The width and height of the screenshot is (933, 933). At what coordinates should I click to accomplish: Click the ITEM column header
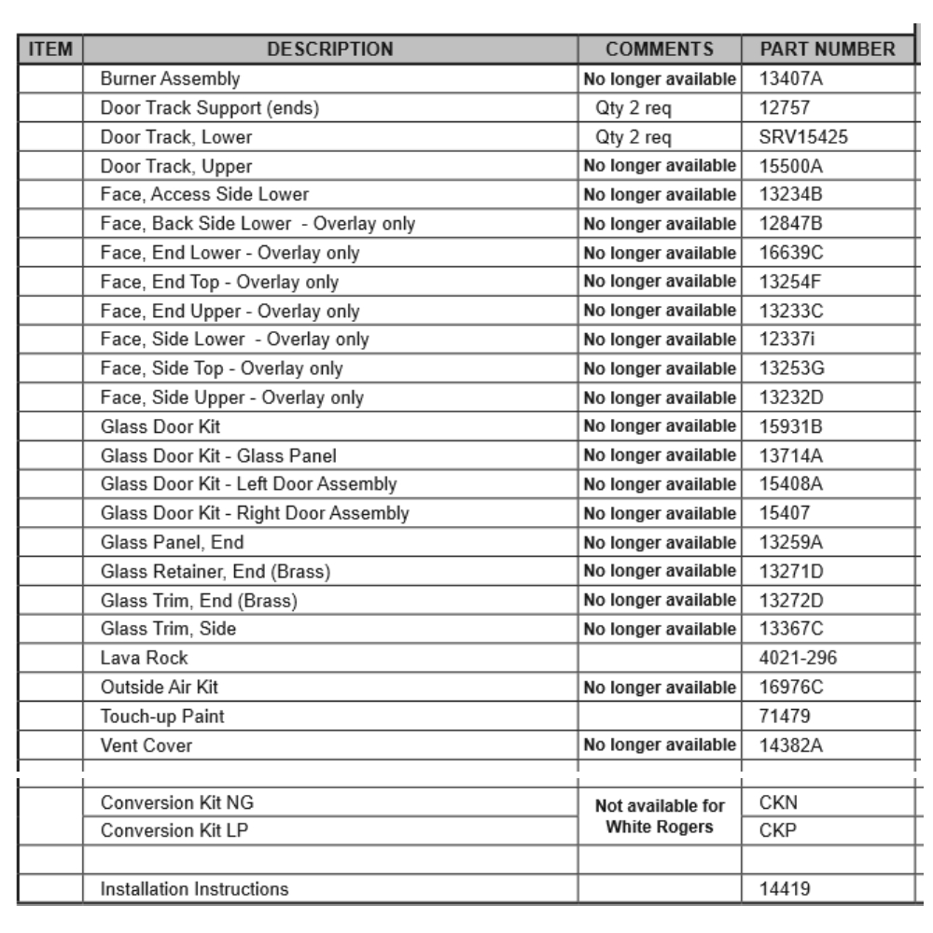click(x=49, y=49)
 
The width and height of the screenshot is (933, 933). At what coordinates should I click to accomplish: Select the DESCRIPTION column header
click(x=332, y=49)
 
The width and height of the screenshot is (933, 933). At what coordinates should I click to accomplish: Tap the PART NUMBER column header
click(x=829, y=49)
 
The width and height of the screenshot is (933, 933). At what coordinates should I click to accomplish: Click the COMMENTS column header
click(x=660, y=49)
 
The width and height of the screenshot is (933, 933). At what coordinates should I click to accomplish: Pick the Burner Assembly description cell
click(x=170, y=79)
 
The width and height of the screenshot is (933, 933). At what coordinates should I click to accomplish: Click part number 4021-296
click(x=799, y=658)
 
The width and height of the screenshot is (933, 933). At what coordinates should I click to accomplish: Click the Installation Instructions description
click(x=194, y=889)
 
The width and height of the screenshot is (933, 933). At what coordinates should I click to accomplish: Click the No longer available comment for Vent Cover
click(x=660, y=745)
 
